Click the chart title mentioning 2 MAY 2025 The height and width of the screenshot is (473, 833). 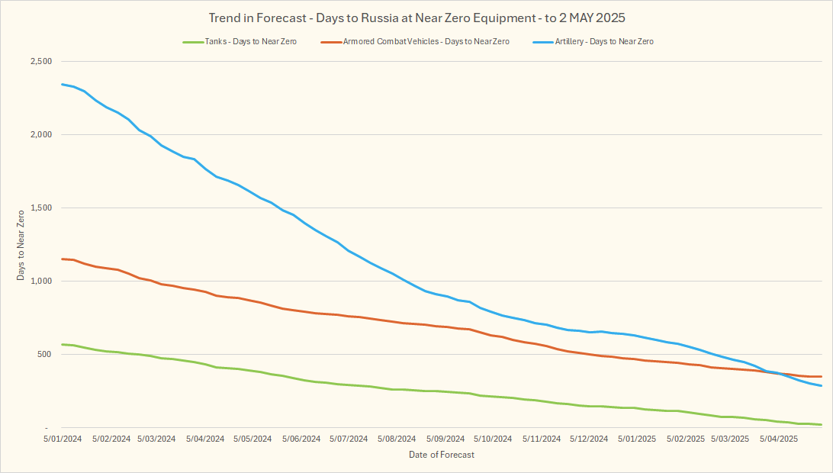(x=416, y=17)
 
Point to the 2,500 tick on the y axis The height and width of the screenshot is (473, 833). (x=39, y=62)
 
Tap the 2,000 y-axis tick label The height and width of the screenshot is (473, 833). (x=39, y=135)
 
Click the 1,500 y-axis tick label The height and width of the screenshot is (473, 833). (x=39, y=208)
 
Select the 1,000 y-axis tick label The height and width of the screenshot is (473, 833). (x=39, y=282)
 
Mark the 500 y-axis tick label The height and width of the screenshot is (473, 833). (x=43, y=355)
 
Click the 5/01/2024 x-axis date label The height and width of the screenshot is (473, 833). (x=62, y=439)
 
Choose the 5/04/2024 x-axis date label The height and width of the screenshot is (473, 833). (x=204, y=439)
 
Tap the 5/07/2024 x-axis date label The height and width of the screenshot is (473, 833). (x=349, y=439)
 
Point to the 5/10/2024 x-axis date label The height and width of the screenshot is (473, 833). (x=492, y=439)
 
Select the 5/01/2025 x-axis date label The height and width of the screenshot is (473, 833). (x=637, y=439)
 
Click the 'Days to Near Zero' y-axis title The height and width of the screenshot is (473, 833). (x=21, y=245)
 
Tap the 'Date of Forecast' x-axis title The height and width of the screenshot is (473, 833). (x=441, y=455)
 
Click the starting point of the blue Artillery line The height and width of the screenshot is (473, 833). (x=62, y=84)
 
